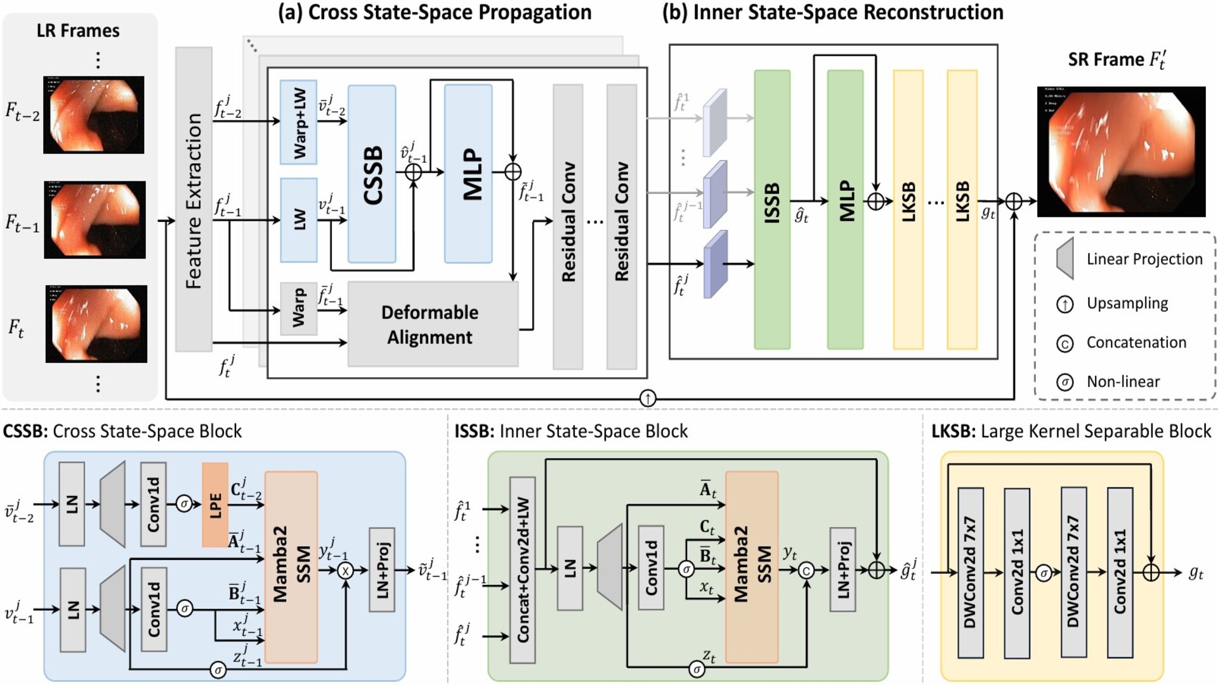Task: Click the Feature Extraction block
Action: (193, 199)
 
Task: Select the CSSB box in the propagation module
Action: (372, 174)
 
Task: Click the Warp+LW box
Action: (298, 122)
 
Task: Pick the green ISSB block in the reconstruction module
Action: (771, 209)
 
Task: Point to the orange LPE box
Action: (215, 505)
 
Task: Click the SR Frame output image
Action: (1121, 152)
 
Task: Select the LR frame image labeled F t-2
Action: (94, 115)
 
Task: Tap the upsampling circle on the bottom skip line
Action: (647, 398)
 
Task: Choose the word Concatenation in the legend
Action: (1136, 342)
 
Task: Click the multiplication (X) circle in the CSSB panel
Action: (346, 571)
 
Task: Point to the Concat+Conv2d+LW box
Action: (523, 570)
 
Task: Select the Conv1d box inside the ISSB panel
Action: (651, 568)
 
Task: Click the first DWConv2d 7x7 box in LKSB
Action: (970, 573)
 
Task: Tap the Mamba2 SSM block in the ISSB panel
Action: (752, 566)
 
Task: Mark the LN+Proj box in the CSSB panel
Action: (382, 570)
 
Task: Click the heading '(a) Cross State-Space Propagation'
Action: (435, 13)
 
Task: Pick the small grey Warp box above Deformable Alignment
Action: (298, 308)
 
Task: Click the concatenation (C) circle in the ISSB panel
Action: (806, 571)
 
